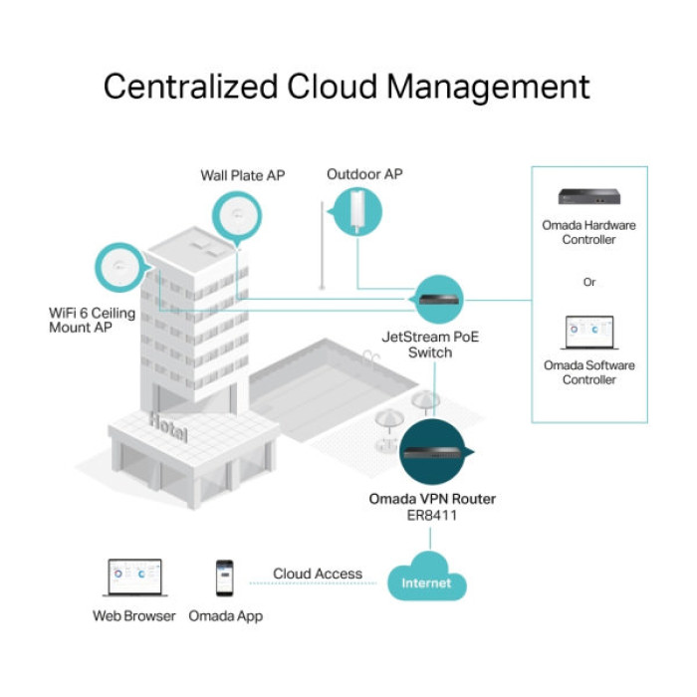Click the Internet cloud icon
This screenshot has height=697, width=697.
[x=426, y=580]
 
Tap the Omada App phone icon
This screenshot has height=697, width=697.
[x=224, y=579]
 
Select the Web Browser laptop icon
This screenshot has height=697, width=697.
[x=134, y=579]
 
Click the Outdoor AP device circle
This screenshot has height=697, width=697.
[x=357, y=210]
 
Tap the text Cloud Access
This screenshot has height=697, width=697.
[x=318, y=574]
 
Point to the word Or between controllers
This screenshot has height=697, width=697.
[x=589, y=282]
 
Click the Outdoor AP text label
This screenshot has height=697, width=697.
[x=364, y=174]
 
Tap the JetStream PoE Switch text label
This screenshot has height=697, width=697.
[x=430, y=345]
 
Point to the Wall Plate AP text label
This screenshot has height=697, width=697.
[x=243, y=175]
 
